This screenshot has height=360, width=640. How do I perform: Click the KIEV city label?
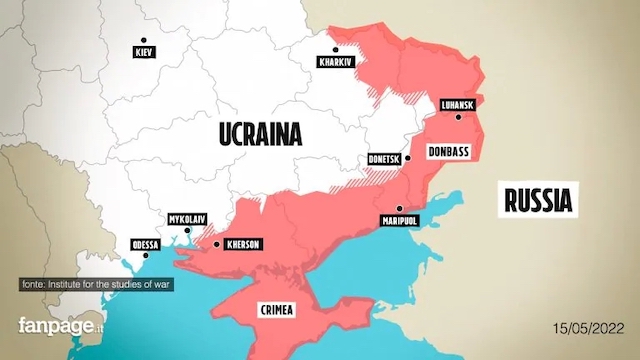[x=144, y=52]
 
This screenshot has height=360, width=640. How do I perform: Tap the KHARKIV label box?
[x=336, y=61]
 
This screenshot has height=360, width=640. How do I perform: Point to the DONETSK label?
[x=383, y=159]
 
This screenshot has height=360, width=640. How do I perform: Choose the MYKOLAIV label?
[x=186, y=219]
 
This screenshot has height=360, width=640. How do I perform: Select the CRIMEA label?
[x=275, y=309]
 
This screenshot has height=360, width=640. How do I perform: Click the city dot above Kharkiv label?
[x=336, y=48]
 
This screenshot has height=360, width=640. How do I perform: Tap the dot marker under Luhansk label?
[x=459, y=117]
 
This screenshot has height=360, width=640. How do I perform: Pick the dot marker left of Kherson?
[x=216, y=243]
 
